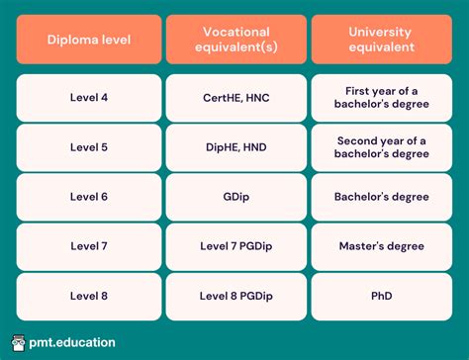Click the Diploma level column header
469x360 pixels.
[88, 40]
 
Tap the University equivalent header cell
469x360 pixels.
[380, 40]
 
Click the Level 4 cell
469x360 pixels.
[88, 99]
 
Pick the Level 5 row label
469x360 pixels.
[88, 147]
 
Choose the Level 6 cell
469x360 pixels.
[88, 197]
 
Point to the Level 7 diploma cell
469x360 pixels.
[88, 245]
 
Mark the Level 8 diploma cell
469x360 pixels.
[88, 295]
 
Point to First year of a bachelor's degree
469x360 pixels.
[380, 99]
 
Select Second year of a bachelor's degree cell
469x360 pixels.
[380, 147]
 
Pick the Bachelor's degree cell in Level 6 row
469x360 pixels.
[380, 197]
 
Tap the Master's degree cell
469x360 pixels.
[380, 245]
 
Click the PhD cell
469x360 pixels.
[380, 295]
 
